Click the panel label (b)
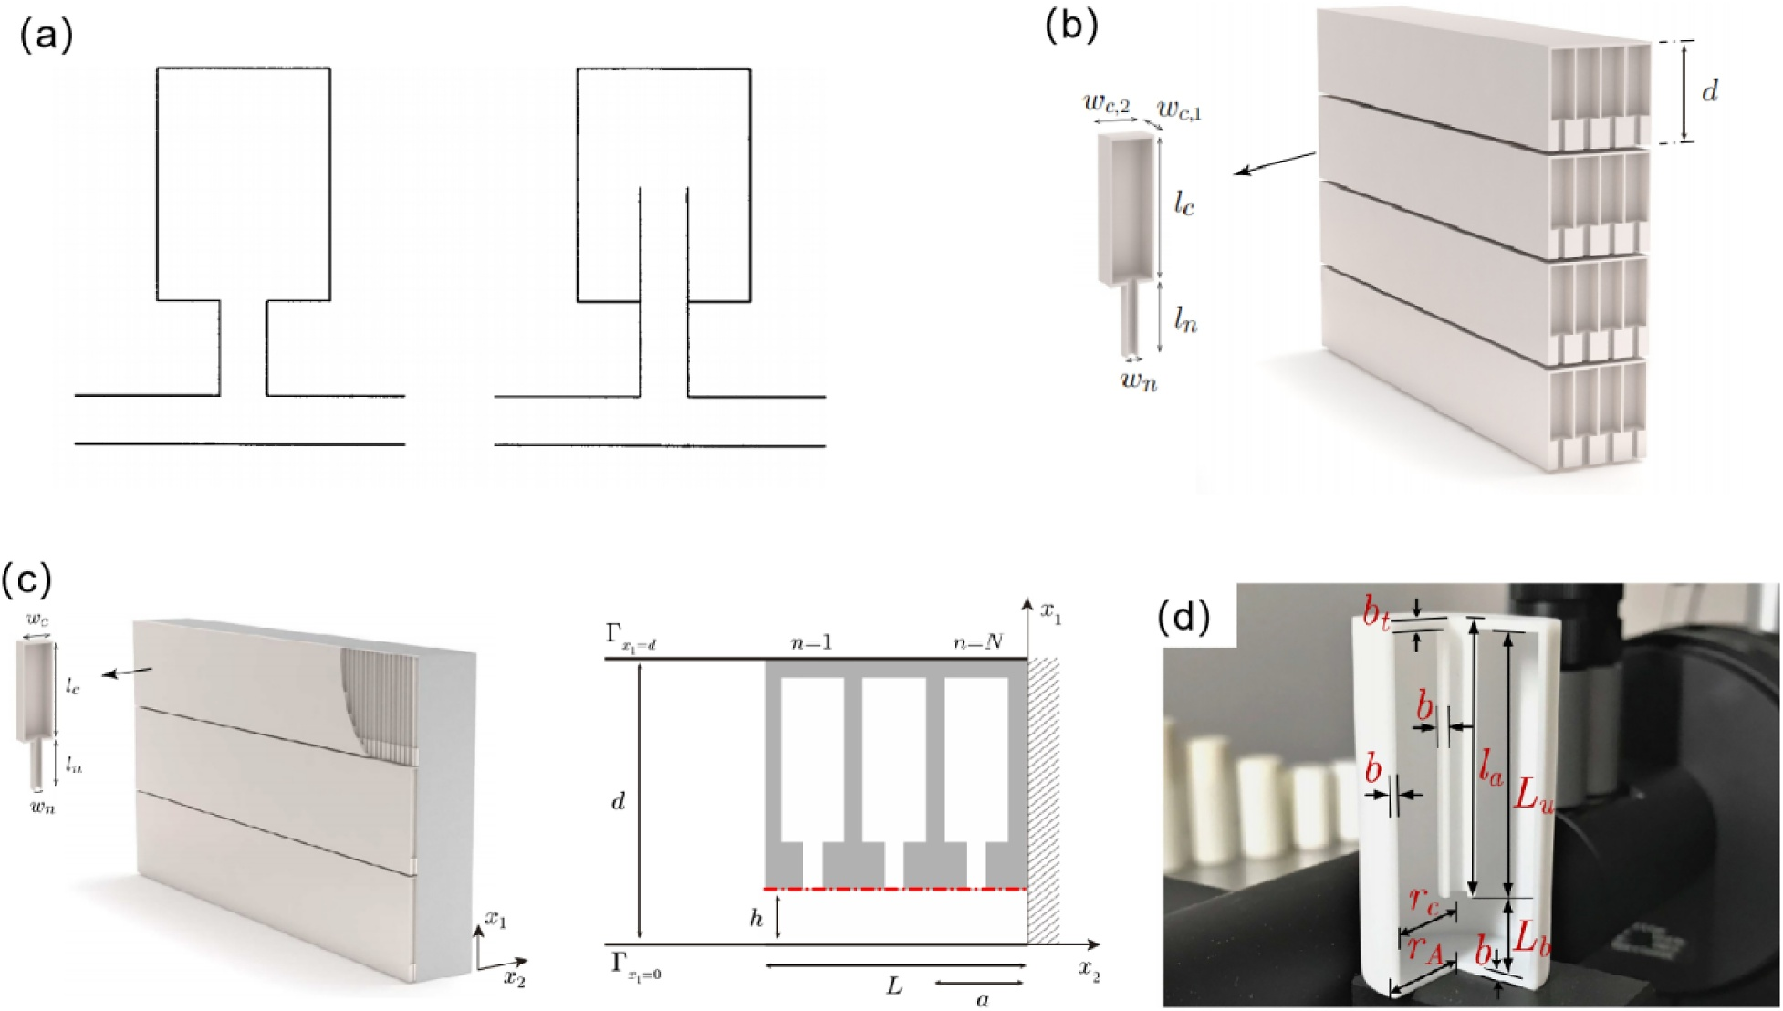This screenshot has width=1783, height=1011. (1072, 26)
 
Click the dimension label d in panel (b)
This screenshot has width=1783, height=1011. (1709, 91)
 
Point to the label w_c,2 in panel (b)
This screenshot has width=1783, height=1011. (1107, 104)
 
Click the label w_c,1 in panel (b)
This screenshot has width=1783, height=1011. (1179, 111)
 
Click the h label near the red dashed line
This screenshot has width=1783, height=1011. (756, 918)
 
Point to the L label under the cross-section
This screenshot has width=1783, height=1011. (894, 985)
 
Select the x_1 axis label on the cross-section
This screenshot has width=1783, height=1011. (1051, 617)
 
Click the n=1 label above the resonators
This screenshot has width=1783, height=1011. (811, 642)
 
